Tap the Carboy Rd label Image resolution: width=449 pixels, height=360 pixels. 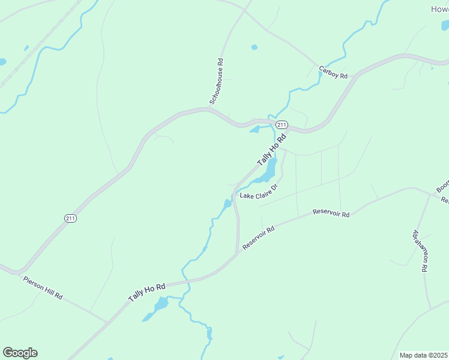click(x=333, y=72)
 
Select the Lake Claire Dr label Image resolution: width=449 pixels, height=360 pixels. click(x=259, y=191)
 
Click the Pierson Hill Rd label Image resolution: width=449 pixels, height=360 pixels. click(x=43, y=287)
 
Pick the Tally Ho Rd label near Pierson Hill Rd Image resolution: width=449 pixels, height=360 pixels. click(x=146, y=292)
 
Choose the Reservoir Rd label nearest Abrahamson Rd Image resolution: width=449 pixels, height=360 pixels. click(x=331, y=214)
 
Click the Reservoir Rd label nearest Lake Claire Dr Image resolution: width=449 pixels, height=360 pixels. click(x=259, y=238)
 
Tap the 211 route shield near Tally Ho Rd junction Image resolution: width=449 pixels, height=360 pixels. click(x=282, y=124)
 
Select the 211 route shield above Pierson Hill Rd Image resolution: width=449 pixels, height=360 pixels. click(x=71, y=218)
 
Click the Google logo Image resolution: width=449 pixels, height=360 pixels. click(x=20, y=353)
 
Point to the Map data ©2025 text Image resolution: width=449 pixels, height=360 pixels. click(x=424, y=355)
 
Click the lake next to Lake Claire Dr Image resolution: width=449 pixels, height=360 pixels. click(x=267, y=170)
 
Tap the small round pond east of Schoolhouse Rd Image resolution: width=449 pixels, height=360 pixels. click(x=255, y=47)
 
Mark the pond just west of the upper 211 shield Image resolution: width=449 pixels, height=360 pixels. click(x=255, y=129)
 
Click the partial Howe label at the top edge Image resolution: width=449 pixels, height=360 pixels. click(x=440, y=9)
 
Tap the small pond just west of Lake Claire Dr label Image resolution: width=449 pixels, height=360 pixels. click(x=228, y=204)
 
